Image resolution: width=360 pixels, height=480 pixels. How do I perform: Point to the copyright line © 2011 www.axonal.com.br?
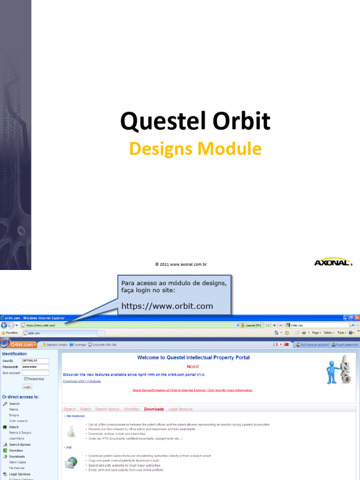click(181, 264)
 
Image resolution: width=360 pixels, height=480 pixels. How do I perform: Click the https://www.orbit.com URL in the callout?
click(167, 306)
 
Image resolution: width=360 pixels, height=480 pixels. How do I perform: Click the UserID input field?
click(35, 360)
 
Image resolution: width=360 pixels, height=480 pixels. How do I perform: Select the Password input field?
click(35, 367)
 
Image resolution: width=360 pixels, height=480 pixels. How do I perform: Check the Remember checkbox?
click(26, 379)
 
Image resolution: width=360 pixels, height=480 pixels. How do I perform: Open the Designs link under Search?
click(14, 415)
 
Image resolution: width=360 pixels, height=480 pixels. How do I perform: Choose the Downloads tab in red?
click(154, 409)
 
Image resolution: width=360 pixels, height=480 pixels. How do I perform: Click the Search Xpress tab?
click(107, 409)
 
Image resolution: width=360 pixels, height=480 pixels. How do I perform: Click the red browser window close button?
click(357, 318)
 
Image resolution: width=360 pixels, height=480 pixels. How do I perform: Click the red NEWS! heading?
click(193, 367)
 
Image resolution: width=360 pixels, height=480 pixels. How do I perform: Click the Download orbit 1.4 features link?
click(82, 381)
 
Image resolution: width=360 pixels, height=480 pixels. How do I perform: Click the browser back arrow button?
click(4, 325)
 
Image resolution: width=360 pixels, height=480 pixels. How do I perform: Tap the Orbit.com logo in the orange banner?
click(18, 345)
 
